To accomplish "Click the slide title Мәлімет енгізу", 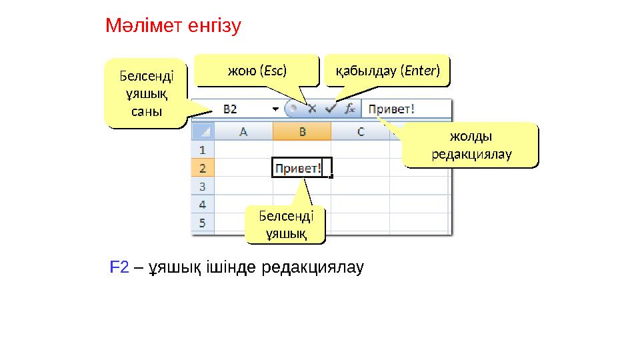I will [173, 27].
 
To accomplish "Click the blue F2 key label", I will [119, 268].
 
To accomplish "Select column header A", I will [243, 132].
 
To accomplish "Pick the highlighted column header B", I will [301, 132].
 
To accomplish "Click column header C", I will [360, 132].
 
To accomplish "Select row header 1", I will [202, 150].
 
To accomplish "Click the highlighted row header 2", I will [202, 168].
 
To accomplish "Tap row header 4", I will [202, 204].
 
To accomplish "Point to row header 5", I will [202, 221].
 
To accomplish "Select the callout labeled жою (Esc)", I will [257, 70].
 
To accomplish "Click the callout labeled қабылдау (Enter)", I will [387, 70].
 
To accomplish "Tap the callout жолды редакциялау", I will [471, 145].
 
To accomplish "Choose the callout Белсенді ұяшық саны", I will [145, 93].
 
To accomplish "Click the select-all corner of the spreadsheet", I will [203, 132].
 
